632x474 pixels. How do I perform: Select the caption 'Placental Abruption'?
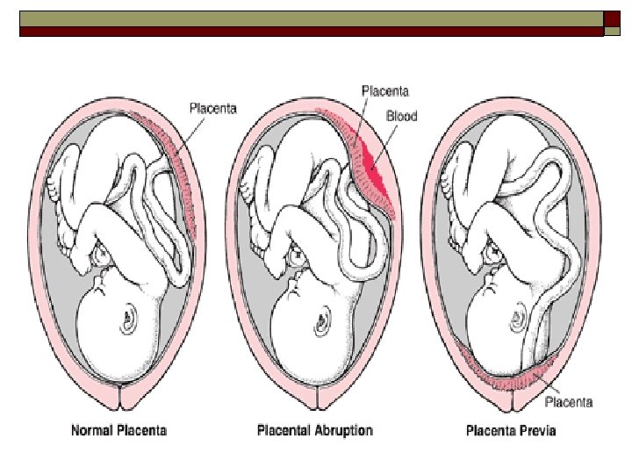coord(314,431)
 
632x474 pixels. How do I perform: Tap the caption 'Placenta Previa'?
coord(512,431)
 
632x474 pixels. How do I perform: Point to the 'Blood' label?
coord(400,115)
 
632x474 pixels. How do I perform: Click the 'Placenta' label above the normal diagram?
coord(213,109)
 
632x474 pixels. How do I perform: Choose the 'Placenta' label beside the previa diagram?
coord(569,403)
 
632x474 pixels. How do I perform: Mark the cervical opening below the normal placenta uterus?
coord(120,400)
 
